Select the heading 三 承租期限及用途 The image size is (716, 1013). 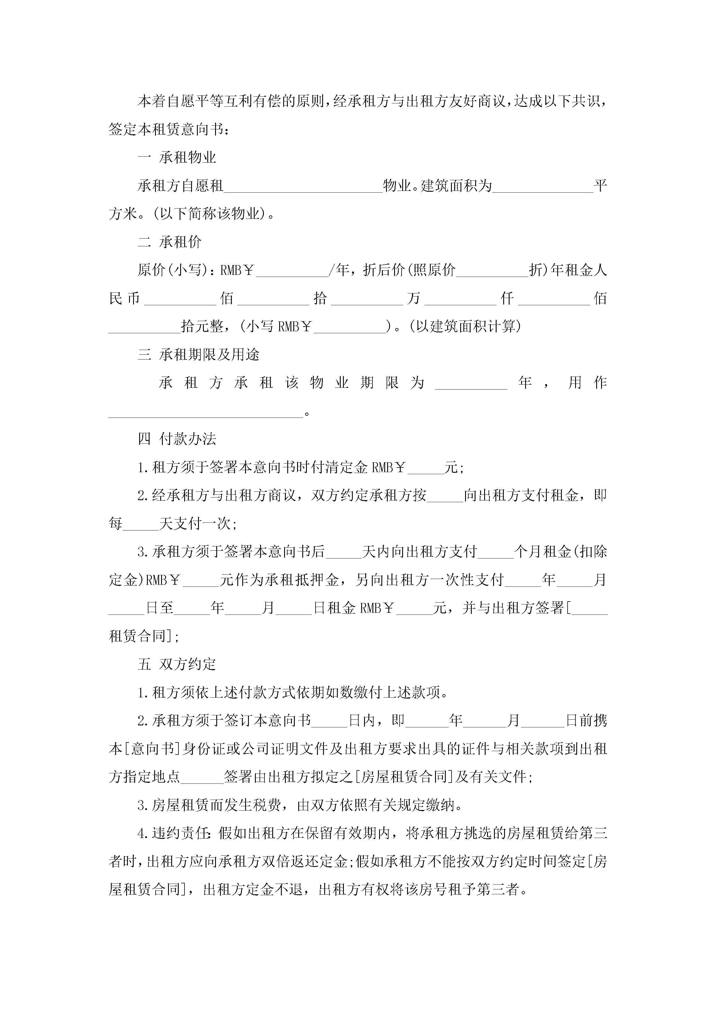click(x=199, y=354)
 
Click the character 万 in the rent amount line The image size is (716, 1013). click(x=413, y=299)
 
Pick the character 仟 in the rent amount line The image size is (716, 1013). click(x=507, y=299)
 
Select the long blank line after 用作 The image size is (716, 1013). click(x=206, y=412)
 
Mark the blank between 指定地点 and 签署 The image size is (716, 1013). click(x=202, y=777)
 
